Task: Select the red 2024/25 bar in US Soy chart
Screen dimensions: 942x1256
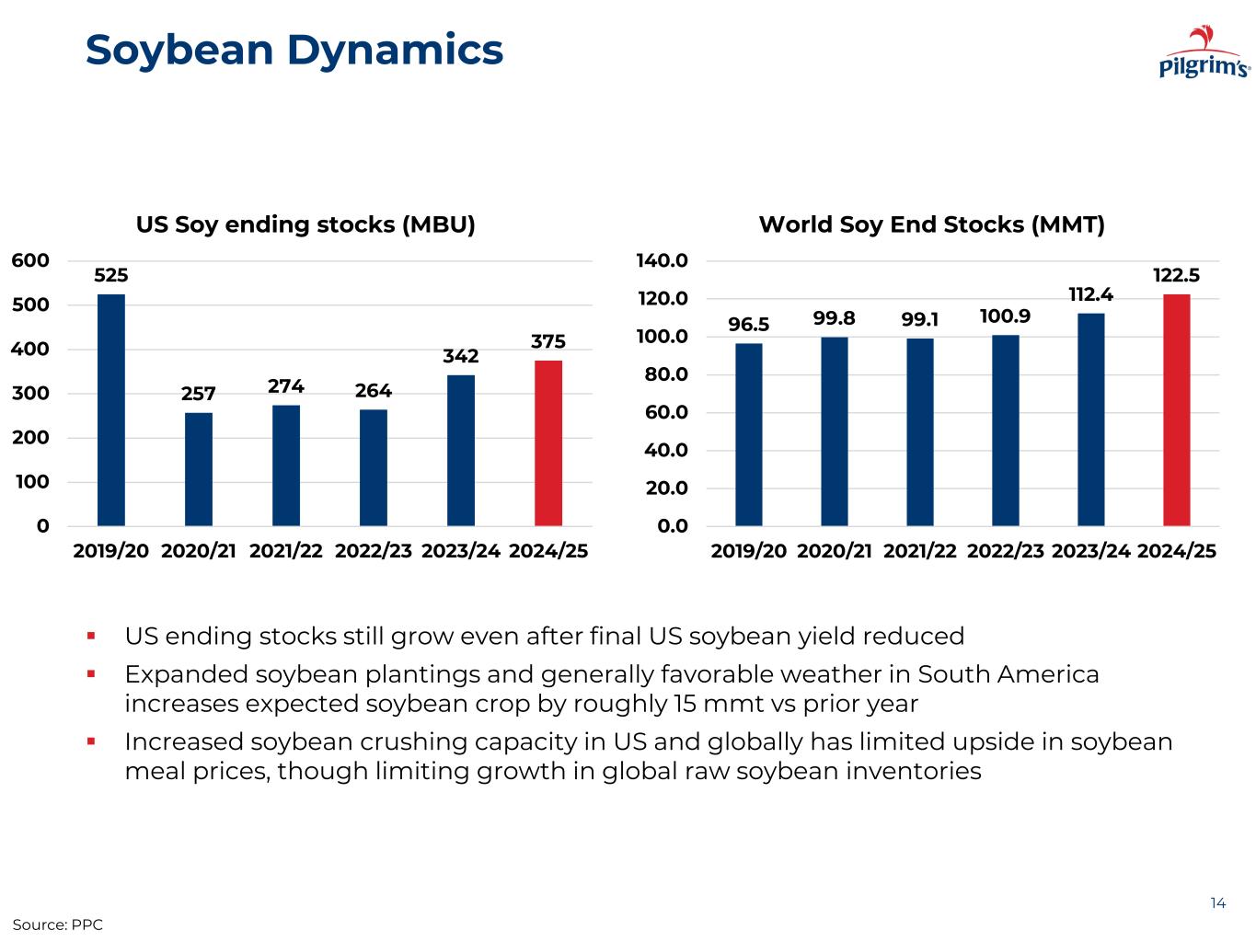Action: (x=548, y=442)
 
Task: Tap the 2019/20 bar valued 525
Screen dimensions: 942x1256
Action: (x=111, y=409)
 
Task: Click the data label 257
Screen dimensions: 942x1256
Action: (x=199, y=394)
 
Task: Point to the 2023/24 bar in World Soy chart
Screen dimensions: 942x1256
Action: (x=1091, y=419)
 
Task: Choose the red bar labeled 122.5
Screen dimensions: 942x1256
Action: (x=1176, y=410)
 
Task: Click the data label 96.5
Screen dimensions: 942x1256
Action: (x=748, y=325)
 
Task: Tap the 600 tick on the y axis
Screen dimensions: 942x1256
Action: (x=30, y=261)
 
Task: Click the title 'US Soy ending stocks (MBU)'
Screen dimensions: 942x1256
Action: (x=305, y=224)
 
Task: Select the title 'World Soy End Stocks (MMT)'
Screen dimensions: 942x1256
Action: (x=931, y=224)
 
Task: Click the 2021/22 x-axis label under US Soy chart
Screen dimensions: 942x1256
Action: (x=286, y=551)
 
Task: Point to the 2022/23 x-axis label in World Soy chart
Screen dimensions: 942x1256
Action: (x=1006, y=551)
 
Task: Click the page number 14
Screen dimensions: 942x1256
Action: (x=1217, y=902)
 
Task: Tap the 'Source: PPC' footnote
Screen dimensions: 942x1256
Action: (x=57, y=925)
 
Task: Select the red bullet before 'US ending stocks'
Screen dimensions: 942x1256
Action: (x=92, y=635)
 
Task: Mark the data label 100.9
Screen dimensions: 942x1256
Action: (x=1005, y=316)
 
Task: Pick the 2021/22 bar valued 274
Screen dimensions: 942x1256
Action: (x=286, y=465)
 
